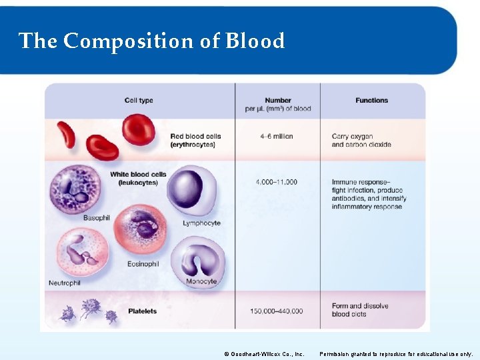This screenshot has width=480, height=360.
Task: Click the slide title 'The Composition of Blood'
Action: pos(152,41)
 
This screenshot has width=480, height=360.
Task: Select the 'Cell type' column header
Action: pos(139,101)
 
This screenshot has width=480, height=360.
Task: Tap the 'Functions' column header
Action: pos(371,101)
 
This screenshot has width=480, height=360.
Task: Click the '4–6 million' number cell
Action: pos(277,137)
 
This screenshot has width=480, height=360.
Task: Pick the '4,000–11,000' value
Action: pos(277,182)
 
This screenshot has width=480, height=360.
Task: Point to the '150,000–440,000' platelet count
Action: pos(277,311)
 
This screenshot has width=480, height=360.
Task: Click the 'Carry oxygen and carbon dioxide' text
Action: pos(361,141)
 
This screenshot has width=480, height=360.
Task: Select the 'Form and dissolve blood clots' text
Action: pos(359,310)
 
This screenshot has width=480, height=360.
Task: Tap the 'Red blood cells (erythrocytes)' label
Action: pos(195,141)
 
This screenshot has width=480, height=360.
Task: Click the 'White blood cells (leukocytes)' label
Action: pos(138,179)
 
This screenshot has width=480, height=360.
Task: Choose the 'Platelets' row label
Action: pos(142,311)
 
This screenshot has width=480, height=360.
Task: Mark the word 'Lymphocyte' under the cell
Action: pos(201,223)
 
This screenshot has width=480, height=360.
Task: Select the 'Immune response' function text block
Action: pos(367,194)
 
